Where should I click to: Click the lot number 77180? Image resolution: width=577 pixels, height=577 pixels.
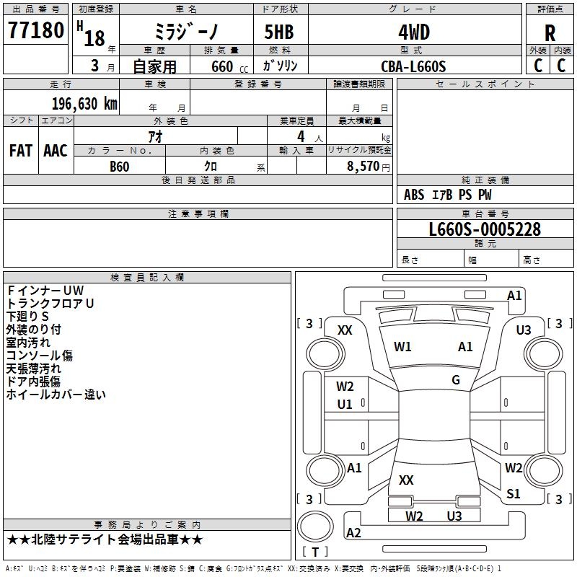point(36,32)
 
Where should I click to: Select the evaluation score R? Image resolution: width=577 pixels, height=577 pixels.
point(550,33)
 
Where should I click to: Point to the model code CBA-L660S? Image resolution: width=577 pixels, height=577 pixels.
point(413,66)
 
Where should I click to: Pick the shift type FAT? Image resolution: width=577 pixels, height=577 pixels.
point(21,150)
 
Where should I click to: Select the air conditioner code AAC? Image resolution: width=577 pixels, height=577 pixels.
point(56,150)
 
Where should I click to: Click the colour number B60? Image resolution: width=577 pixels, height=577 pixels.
point(120,167)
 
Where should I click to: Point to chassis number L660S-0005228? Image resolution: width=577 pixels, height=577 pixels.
point(485,230)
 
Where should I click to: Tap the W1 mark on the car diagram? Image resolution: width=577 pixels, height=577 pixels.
point(402,347)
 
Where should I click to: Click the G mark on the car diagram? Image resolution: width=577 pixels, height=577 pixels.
point(456,380)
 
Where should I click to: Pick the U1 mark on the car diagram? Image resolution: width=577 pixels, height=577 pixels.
point(345,405)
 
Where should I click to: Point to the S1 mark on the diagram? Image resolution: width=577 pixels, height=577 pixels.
point(513,494)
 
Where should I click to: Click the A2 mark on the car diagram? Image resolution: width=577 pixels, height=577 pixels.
point(353,533)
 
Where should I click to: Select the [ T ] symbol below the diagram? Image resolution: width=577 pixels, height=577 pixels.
point(315,552)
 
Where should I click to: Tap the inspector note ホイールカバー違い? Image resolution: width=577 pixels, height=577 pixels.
point(56,395)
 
